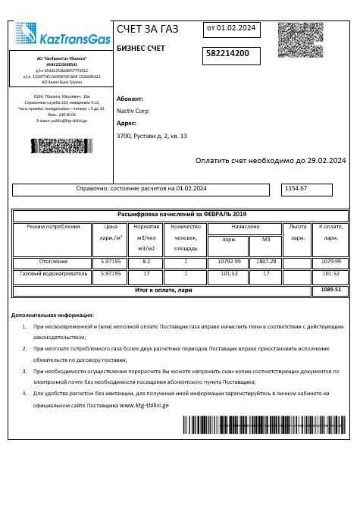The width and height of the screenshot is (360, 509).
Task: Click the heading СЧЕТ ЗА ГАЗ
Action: point(148,30)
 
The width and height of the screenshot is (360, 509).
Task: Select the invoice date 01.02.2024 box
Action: point(231,28)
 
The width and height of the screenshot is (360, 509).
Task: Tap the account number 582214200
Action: point(233,54)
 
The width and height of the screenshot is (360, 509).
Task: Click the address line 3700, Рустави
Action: point(152,136)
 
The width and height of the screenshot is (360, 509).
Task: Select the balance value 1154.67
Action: point(296,187)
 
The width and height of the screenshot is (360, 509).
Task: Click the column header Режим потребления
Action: point(53,227)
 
